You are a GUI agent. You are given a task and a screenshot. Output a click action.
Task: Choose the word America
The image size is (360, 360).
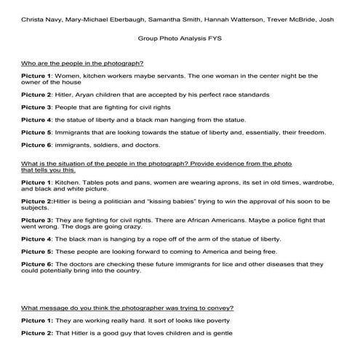coord(207,251)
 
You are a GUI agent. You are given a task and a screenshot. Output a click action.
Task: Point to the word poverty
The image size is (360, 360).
coord(217,320)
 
